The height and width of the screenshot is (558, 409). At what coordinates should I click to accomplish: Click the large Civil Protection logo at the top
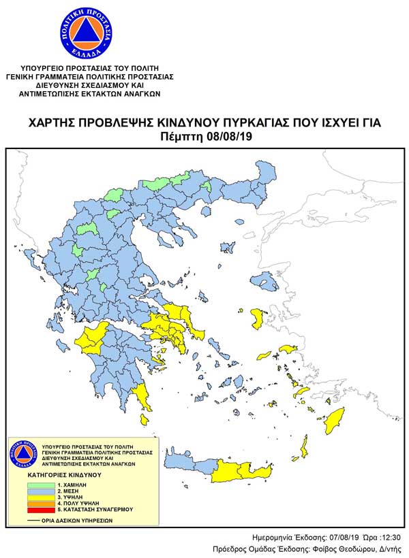click(82, 33)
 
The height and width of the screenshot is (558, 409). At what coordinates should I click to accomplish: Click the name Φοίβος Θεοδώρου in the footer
click(357, 548)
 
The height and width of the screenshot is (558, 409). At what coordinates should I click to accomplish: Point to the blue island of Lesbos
click(261, 279)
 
